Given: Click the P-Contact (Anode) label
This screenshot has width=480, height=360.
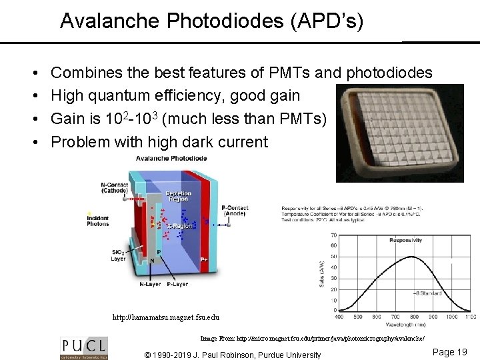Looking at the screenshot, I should [x=235, y=211].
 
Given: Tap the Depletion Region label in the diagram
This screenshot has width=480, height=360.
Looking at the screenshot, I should [x=178, y=197].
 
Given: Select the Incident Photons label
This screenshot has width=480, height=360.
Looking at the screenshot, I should [x=97, y=220].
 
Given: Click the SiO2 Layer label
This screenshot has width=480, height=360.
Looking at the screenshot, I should [x=117, y=255].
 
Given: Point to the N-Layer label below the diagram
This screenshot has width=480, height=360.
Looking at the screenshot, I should [x=151, y=283].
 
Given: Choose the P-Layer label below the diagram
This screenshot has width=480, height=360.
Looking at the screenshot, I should [x=177, y=283].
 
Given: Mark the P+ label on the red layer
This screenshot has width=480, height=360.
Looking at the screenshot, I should [x=205, y=259].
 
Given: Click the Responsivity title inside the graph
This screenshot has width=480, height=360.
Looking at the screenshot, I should [x=406, y=240].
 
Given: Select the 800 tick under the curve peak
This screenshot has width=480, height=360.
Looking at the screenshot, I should [x=413, y=316].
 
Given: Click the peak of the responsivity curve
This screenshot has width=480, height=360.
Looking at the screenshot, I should [x=411, y=257].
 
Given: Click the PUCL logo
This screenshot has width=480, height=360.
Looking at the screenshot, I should [x=83, y=347].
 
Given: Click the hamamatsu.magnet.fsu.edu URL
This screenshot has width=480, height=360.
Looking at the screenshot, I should [x=165, y=318].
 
